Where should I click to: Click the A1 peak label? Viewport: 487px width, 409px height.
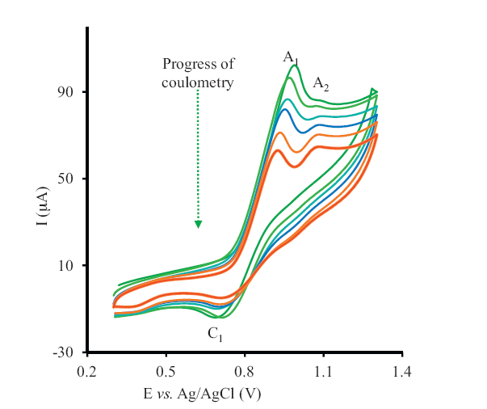coord(291,57)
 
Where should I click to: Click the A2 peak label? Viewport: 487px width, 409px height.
coord(321,82)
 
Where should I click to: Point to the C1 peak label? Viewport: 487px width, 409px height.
coord(215,333)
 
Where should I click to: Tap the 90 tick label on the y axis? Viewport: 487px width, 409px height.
coord(65,92)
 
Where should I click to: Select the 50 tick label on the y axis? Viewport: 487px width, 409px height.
coord(65,179)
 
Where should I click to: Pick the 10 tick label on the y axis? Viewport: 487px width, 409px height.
coord(65,266)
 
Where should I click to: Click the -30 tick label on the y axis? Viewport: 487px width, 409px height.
coord(62,352)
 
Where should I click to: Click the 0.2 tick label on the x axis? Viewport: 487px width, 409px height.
coord(86,371)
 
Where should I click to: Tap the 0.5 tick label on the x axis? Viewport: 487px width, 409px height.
coord(166,371)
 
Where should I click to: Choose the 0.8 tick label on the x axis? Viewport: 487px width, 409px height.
coord(245,371)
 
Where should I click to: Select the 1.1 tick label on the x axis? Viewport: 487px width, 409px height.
coord(323,371)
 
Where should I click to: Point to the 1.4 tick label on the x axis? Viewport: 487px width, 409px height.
coord(402,371)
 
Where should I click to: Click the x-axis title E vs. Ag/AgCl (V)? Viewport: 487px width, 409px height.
coord(203,394)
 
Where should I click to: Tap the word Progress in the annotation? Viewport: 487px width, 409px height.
coord(186,64)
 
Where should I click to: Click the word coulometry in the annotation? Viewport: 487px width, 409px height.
coord(198,82)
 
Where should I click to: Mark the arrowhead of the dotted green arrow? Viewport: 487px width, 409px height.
coord(198,224)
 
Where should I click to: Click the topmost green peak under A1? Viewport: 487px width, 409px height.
coord(295,65)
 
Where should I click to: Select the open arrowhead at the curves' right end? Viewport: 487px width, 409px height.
coord(373,91)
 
